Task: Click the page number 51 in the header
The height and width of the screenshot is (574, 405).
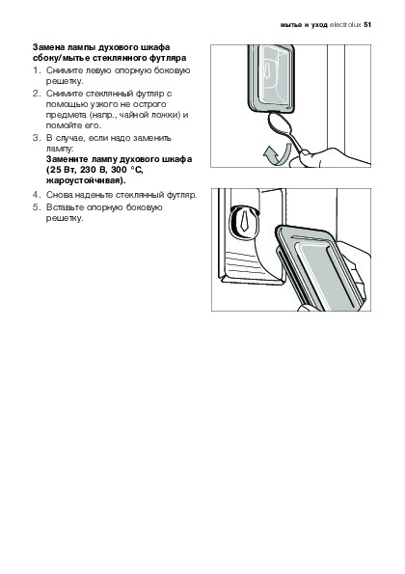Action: click(x=367, y=25)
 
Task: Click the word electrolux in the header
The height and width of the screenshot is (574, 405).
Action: click(x=345, y=25)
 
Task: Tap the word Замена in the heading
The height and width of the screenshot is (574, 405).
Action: click(x=45, y=47)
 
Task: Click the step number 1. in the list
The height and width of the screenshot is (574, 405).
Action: click(x=36, y=70)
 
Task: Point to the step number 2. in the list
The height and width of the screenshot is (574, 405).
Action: click(x=36, y=94)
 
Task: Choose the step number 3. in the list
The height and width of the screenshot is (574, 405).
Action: click(x=36, y=138)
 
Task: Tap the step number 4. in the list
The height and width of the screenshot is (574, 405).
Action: click(x=36, y=195)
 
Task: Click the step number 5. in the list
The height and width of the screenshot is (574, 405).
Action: click(x=36, y=207)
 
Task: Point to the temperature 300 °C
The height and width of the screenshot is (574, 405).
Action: click(x=128, y=170)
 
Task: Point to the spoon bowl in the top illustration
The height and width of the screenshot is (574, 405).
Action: click(x=281, y=124)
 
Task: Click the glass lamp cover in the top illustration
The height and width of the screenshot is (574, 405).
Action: click(x=271, y=77)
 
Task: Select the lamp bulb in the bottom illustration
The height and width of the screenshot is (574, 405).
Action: click(x=243, y=220)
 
